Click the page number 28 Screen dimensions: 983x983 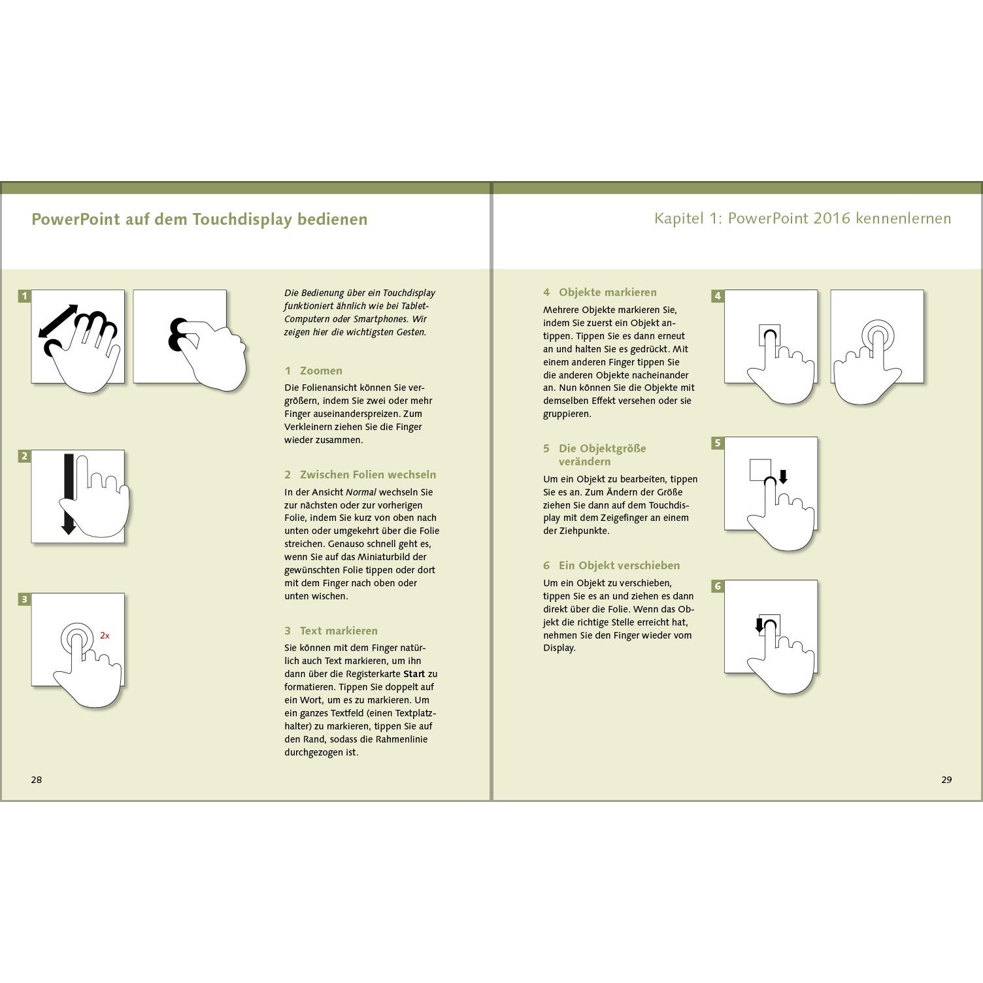click(37, 780)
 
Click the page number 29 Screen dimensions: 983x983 click(946, 780)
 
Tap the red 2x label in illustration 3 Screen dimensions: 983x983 click(105, 635)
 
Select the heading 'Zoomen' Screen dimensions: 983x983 click(321, 371)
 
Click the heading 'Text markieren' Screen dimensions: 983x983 click(339, 631)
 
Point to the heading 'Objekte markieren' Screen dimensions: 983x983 click(607, 292)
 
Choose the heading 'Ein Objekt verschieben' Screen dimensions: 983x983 click(619, 565)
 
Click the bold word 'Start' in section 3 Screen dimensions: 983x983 click(414, 674)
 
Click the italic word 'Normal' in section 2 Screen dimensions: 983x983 click(361, 492)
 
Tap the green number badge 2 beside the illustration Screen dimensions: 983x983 click(24, 456)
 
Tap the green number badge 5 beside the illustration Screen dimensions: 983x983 click(717, 443)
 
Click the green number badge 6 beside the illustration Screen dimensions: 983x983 click(717, 586)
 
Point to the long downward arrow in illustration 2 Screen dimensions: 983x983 click(69, 494)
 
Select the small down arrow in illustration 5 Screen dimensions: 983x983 click(784, 477)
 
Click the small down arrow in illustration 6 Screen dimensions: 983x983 click(759, 625)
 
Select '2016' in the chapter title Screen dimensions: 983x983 click(832, 218)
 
